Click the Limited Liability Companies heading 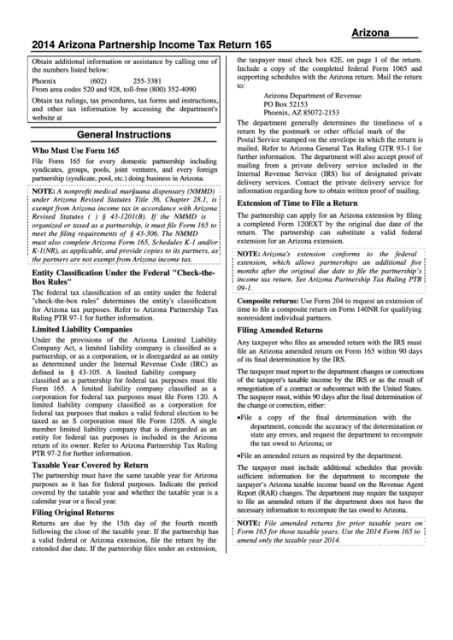click(x=84, y=329)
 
